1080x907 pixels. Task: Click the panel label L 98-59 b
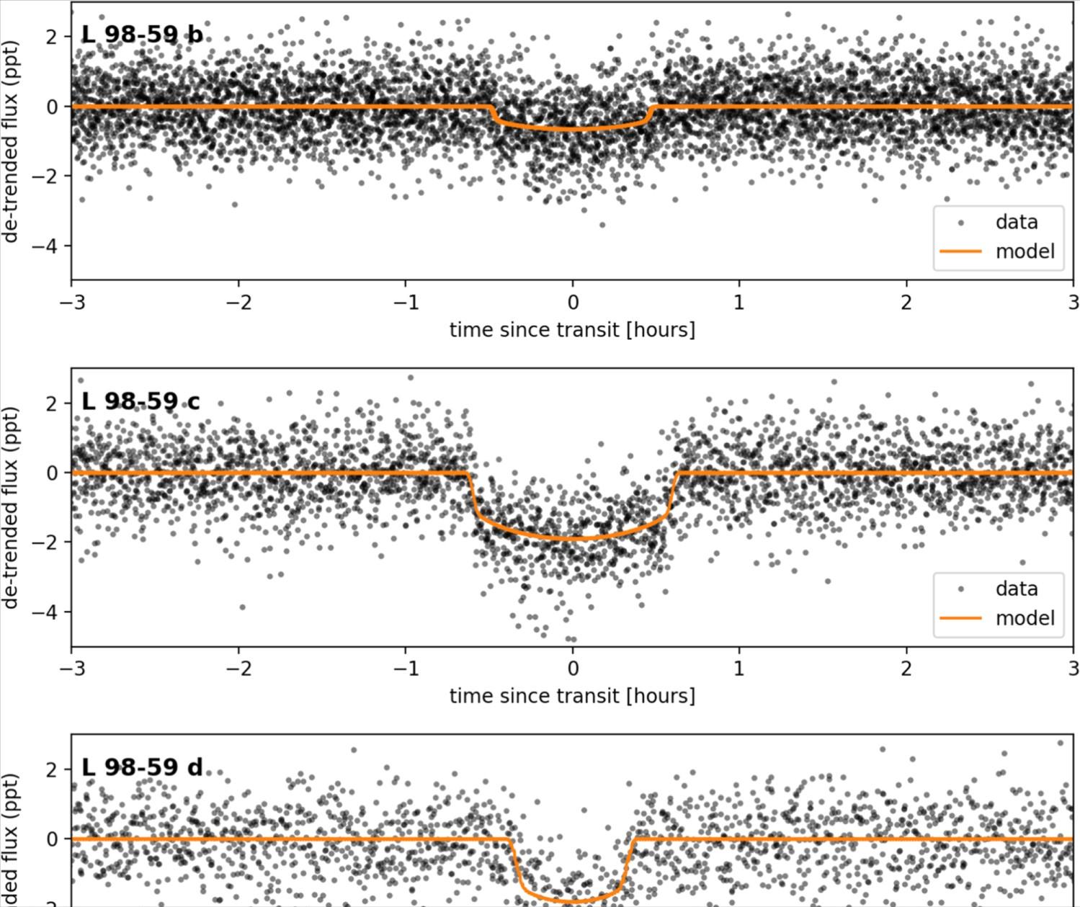coord(142,35)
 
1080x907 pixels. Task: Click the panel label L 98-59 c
coord(140,401)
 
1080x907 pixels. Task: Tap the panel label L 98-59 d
coord(142,767)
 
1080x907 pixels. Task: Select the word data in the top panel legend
coord(1016,222)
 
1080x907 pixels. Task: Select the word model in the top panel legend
coord(1025,251)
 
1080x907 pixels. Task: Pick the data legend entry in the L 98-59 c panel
coord(1016,589)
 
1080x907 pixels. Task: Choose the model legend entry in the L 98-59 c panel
coord(1025,618)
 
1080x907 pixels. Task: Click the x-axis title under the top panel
coord(572,330)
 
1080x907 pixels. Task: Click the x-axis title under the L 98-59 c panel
coord(572,696)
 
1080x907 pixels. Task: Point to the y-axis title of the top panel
coord(11,140)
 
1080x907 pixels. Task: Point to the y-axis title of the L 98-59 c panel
coord(11,507)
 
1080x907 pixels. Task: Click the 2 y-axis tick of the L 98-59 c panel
coord(52,403)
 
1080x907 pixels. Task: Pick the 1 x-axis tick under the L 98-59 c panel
coord(739,668)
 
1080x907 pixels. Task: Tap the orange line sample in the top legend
coord(960,251)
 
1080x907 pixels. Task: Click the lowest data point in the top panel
coord(602,225)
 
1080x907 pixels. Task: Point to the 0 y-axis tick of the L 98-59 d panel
coord(52,839)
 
